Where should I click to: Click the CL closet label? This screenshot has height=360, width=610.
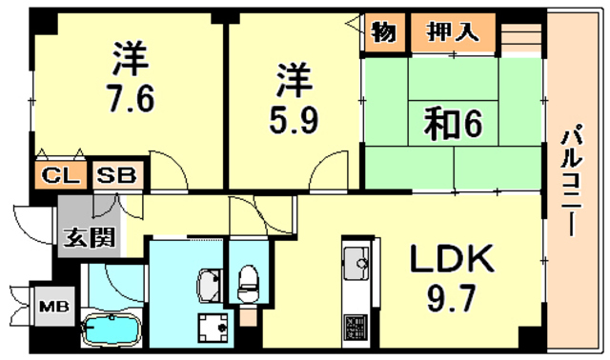point(59,175)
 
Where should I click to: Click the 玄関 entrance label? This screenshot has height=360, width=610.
point(88,237)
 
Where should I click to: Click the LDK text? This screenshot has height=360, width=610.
point(452,259)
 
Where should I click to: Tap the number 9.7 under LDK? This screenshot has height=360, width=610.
point(451,304)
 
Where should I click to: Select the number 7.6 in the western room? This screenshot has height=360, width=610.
point(132,100)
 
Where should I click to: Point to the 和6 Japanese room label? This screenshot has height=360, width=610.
point(450,126)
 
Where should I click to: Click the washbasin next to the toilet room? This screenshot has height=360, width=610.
point(209,284)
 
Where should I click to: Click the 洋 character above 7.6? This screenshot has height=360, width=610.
point(131,59)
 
